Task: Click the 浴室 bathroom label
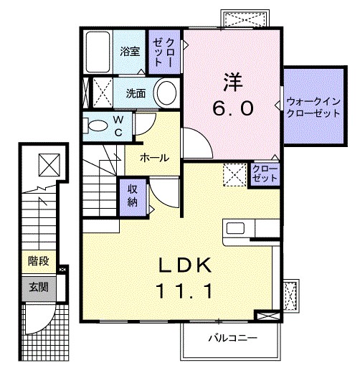click(x=129, y=52)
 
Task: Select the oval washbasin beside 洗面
click(x=166, y=94)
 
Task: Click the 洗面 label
click(x=136, y=93)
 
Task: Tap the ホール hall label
click(x=154, y=158)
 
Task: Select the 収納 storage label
click(x=133, y=193)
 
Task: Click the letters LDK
click(x=184, y=265)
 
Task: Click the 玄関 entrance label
click(x=38, y=288)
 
